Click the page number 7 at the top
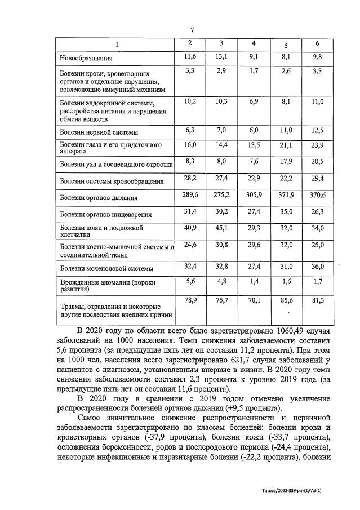pyautogui.click(x=192, y=30)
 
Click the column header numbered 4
pyautogui.click(x=254, y=43)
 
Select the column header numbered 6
pyautogui.click(x=317, y=43)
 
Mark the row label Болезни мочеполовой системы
pyautogui.click(x=107, y=269)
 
